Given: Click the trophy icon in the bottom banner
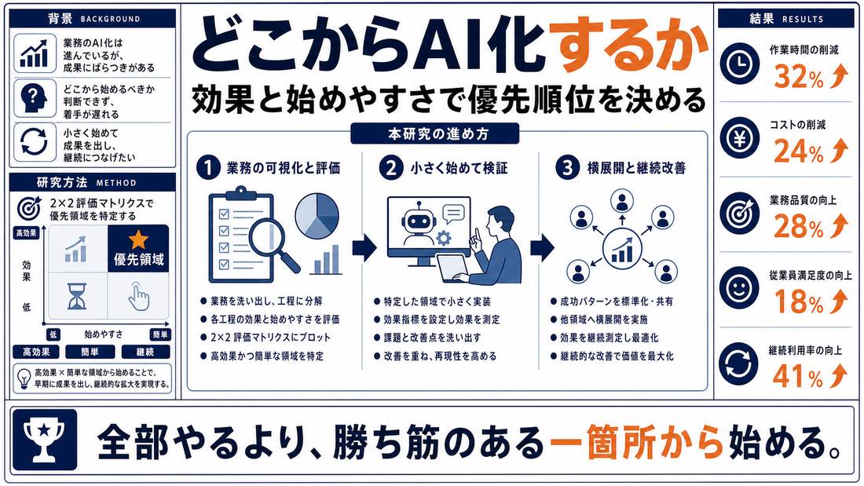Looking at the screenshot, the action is (45, 439).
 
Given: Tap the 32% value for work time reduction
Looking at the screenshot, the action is (799, 77).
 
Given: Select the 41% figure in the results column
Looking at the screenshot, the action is (797, 376).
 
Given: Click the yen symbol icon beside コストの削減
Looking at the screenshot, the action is (739, 140).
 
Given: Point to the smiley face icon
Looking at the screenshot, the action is (739, 287).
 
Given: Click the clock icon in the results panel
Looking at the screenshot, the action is (739, 64).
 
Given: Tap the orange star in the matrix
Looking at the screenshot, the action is (138, 239).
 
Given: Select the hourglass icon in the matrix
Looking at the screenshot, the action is (77, 296).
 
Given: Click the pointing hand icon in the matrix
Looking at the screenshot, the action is (138, 296).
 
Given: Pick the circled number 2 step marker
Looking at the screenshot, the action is (390, 167).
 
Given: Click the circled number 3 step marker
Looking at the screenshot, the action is (567, 167).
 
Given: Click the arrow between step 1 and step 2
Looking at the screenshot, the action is (364, 248).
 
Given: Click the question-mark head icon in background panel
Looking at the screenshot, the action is (34, 97).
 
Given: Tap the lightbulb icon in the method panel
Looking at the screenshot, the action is (24, 378).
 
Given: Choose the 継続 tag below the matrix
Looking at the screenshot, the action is (145, 352).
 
